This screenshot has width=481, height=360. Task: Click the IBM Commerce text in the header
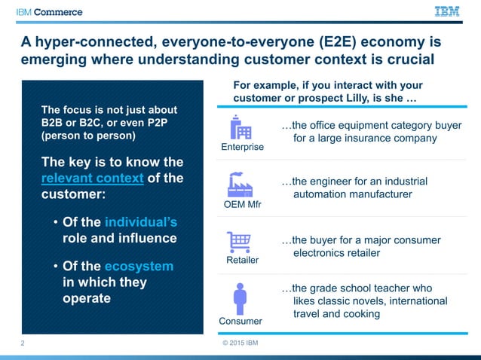(x=51, y=12)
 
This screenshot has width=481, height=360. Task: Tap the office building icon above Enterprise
(x=240, y=127)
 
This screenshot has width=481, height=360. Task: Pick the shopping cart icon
(x=240, y=242)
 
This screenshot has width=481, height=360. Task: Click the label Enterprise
(x=242, y=147)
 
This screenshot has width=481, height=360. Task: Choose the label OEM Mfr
(x=242, y=205)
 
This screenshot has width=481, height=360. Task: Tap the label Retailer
(x=242, y=260)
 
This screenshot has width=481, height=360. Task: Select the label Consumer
(x=240, y=321)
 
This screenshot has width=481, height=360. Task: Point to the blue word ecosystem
(x=139, y=266)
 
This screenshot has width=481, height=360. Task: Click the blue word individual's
(x=141, y=222)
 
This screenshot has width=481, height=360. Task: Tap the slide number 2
(x=23, y=343)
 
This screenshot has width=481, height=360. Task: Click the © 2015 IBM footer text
(x=240, y=344)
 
